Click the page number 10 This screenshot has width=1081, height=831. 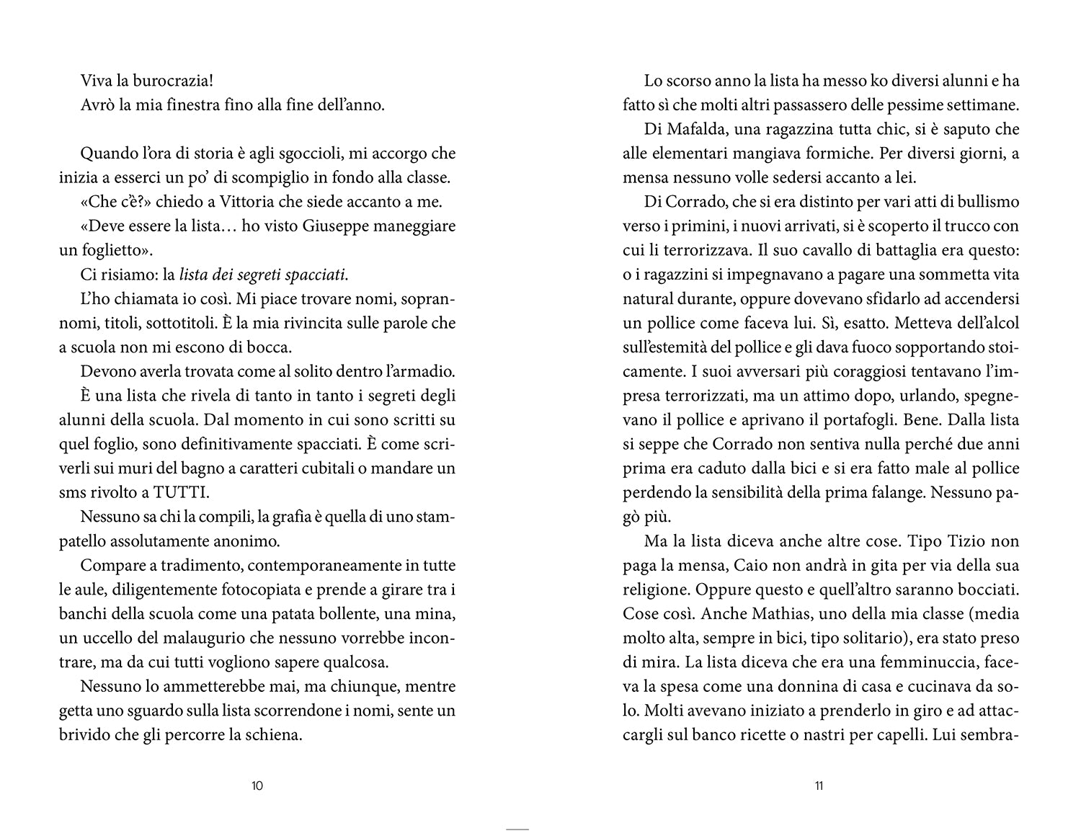tap(257, 785)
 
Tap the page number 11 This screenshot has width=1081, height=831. tap(819, 785)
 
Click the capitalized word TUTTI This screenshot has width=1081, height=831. tap(176, 493)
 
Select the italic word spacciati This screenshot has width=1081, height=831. tap(316, 275)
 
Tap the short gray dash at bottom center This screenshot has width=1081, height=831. tap(517, 829)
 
